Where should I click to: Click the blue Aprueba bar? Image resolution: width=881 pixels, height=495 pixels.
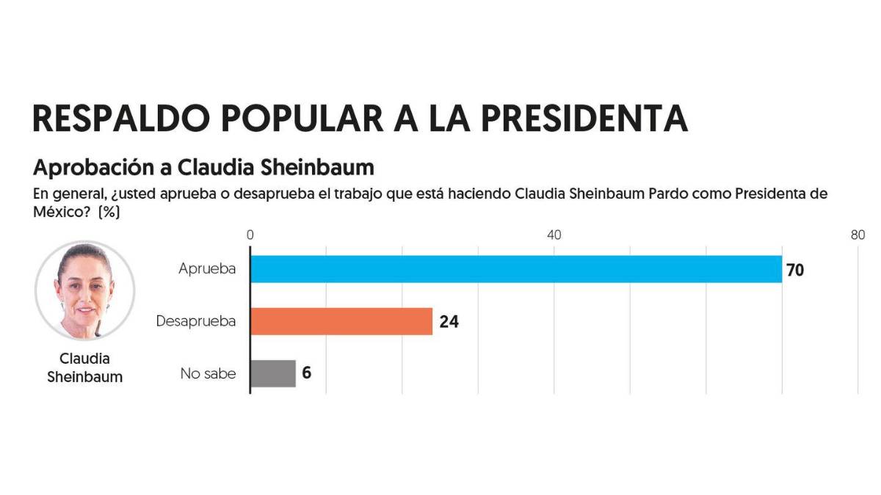[x=516, y=269]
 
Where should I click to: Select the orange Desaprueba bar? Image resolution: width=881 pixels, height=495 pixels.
[x=341, y=321]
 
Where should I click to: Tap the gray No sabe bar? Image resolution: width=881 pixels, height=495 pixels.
[x=273, y=373]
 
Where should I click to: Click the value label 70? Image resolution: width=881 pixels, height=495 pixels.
[x=795, y=270]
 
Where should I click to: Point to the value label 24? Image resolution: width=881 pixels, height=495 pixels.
[x=449, y=321]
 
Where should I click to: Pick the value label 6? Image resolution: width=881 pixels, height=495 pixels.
[x=306, y=373]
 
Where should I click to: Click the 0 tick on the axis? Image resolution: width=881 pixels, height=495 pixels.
[x=250, y=235]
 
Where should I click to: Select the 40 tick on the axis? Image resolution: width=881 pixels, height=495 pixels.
[x=554, y=235]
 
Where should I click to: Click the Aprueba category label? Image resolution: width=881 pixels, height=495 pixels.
[x=207, y=269]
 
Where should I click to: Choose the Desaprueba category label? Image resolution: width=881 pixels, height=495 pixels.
[x=196, y=321]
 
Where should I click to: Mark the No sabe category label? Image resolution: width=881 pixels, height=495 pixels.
[x=209, y=373]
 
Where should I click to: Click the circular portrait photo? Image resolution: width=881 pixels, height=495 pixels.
[x=85, y=290]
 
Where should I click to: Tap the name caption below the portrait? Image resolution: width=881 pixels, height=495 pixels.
[x=85, y=368]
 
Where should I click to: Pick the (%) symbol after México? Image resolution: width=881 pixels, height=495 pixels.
[x=109, y=213]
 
